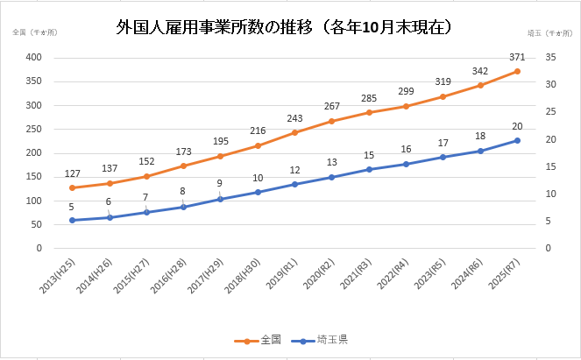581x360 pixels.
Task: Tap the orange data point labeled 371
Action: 517,71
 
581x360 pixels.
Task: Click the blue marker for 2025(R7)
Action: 517,140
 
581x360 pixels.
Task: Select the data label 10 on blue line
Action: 258,178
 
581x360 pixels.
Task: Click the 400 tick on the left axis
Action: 35,58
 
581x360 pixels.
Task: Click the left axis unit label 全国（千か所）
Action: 35,32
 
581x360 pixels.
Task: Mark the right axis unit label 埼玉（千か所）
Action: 547,32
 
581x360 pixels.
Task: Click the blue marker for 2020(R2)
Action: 331,177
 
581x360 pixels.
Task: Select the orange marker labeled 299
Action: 406,106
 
